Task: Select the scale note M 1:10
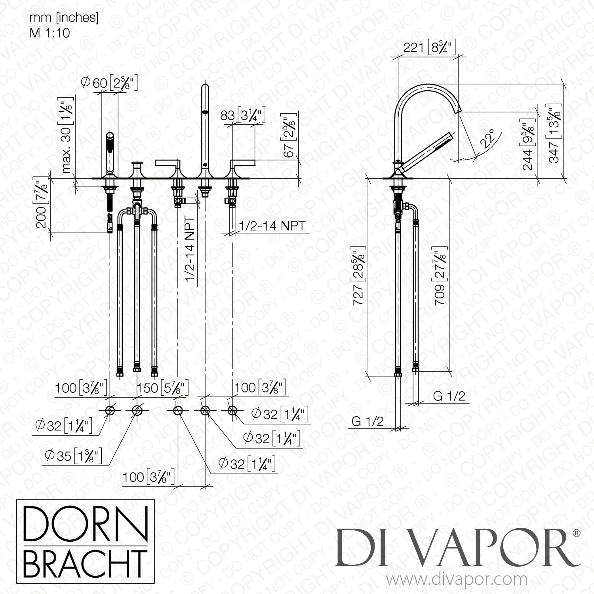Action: [x=50, y=32]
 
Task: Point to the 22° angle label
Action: [x=489, y=139]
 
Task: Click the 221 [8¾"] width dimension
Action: [x=429, y=48]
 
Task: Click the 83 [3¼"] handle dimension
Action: [x=242, y=116]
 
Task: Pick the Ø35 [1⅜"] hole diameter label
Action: [x=74, y=456]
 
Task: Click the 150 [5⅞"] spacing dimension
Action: [x=162, y=387]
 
